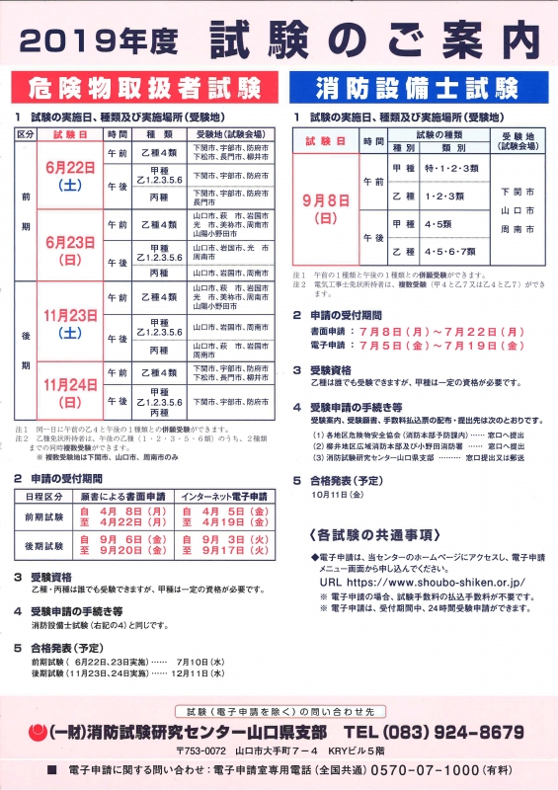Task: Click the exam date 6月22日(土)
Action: [70, 176]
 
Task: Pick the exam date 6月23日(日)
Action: [70, 251]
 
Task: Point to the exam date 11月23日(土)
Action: [70, 324]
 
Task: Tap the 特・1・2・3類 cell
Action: [449, 169]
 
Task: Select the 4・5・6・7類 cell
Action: [449, 252]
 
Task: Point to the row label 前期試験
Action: [43, 517]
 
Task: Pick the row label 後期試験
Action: [43, 545]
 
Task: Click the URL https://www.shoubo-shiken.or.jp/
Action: [435, 583]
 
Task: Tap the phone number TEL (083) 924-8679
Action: [447, 732]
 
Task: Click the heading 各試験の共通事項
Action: [375, 534]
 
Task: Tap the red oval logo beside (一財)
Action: [38, 733]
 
